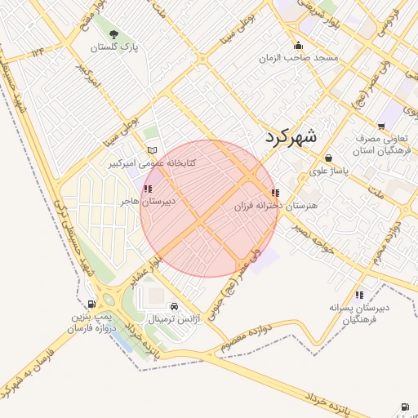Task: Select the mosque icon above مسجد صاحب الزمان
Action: (x=299, y=46)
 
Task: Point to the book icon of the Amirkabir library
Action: (x=151, y=150)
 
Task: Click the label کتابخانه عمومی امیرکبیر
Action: (x=153, y=163)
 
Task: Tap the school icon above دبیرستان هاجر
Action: (x=147, y=189)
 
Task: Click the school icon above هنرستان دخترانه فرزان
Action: (x=273, y=193)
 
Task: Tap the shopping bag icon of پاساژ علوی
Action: (x=328, y=158)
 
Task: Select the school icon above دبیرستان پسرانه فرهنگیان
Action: (x=359, y=295)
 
